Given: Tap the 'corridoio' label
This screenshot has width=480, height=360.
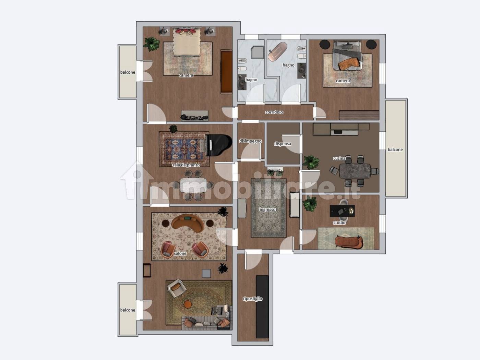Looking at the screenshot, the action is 274,112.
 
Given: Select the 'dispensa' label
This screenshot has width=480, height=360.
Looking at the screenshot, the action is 283,144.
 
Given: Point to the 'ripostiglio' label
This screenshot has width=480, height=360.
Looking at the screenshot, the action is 253,299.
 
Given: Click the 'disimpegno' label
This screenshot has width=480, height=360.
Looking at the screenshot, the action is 250,141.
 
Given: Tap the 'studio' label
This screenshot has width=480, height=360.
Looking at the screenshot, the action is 339,223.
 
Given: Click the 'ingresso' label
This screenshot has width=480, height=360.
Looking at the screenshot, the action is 267,209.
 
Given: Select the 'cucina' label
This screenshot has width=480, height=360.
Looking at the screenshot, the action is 339,158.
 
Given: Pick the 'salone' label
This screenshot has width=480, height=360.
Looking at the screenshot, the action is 180,253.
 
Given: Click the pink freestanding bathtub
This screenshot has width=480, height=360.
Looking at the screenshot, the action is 277,51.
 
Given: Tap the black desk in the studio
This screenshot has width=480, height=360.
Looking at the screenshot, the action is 342,211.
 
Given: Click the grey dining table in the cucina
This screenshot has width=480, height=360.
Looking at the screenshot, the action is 355,171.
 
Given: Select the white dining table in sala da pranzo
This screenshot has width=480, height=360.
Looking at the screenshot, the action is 193,185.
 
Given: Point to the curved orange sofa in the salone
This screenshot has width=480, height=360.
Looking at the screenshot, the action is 188,223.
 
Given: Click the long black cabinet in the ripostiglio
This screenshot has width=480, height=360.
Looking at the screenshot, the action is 262,307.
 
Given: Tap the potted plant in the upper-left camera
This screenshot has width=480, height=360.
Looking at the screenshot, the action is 151,44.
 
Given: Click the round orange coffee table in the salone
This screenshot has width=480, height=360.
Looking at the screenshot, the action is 188,304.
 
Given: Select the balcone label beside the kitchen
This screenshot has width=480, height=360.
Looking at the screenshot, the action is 395,149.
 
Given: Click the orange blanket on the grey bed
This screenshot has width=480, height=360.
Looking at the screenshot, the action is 349,63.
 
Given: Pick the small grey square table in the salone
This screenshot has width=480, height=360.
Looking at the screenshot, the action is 206,274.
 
